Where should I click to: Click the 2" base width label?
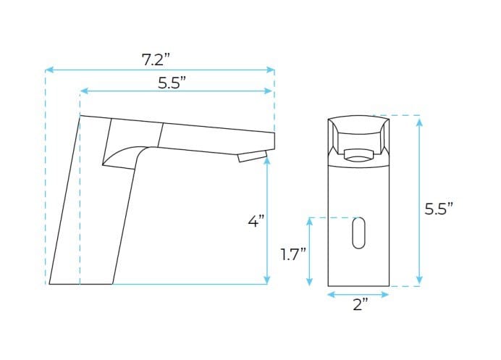[x=360, y=305]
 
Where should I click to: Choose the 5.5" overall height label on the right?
[x=439, y=209]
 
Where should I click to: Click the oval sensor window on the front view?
[x=358, y=234]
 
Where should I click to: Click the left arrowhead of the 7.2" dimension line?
[x=49, y=70]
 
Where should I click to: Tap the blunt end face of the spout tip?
[x=274, y=141]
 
